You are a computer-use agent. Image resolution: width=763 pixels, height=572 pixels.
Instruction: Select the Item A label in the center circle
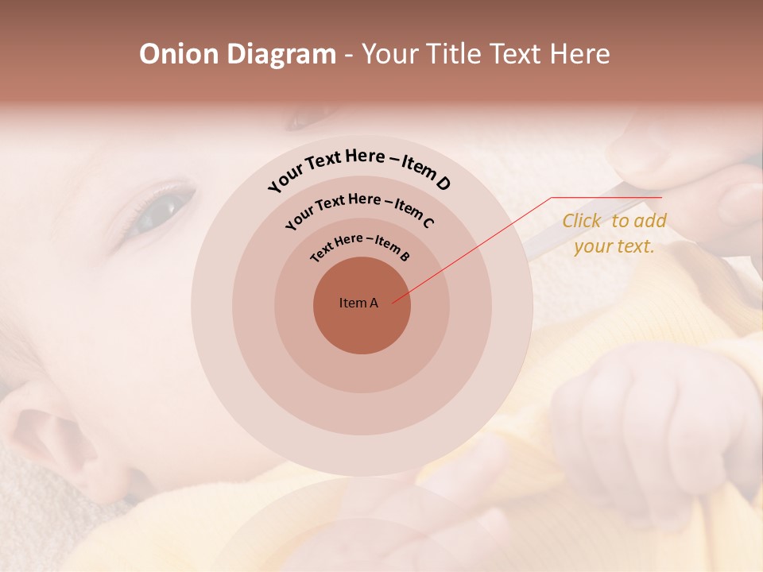[x=358, y=303]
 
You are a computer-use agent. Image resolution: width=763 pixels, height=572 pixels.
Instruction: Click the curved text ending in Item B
[x=360, y=245]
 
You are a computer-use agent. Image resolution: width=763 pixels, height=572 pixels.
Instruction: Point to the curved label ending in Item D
[x=359, y=168]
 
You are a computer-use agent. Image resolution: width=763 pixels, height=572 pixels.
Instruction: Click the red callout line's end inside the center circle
[x=393, y=302]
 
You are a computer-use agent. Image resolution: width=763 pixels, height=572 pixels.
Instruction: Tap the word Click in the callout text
[x=583, y=221]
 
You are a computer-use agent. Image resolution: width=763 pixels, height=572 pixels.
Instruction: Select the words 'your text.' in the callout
[x=614, y=246]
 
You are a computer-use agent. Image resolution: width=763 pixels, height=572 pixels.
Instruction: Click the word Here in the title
[x=581, y=54]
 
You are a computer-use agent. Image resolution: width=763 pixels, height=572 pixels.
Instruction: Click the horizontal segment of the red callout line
[x=606, y=198]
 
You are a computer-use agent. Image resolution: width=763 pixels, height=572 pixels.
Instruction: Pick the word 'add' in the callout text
[x=651, y=221]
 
